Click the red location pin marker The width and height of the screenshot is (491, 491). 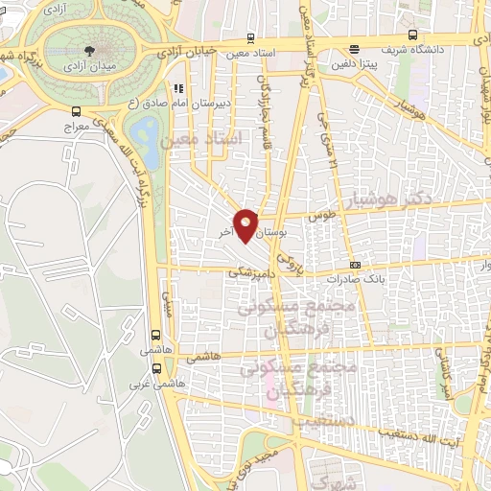(246, 223)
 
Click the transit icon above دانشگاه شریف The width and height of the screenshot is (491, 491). (354, 50)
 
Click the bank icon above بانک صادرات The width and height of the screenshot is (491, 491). (356, 265)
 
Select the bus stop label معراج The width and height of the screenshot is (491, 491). (76, 126)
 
